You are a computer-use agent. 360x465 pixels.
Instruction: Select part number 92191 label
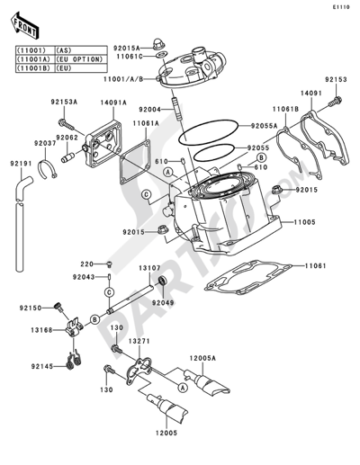click(22, 163)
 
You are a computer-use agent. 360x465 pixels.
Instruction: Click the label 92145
click(32, 366)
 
